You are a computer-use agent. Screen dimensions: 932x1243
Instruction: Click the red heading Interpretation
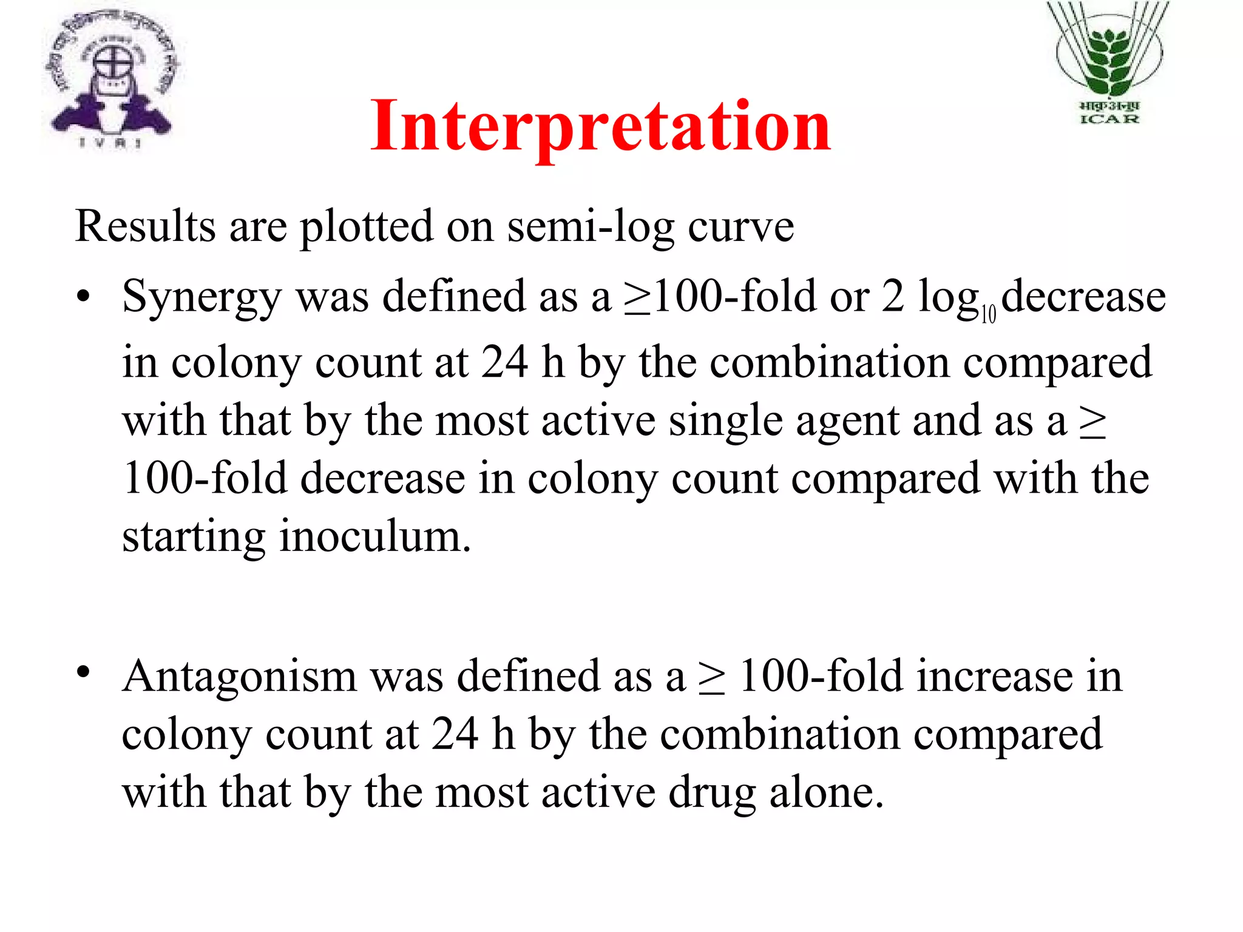[600, 126]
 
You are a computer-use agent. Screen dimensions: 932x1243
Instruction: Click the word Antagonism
[239, 677]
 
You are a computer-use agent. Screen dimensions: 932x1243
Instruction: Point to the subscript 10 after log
[989, 314]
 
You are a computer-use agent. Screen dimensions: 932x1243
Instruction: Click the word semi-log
[591, 227]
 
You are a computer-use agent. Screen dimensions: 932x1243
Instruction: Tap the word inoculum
[374, 536]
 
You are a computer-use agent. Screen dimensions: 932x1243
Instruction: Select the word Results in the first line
[145, 226]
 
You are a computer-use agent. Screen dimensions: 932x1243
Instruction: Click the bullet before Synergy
[83, 297]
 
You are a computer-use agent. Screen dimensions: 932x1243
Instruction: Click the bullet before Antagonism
[83, 672]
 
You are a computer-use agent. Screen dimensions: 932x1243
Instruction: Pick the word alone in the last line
[826, 792]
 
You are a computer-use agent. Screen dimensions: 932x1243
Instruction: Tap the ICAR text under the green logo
[1109, 119]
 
